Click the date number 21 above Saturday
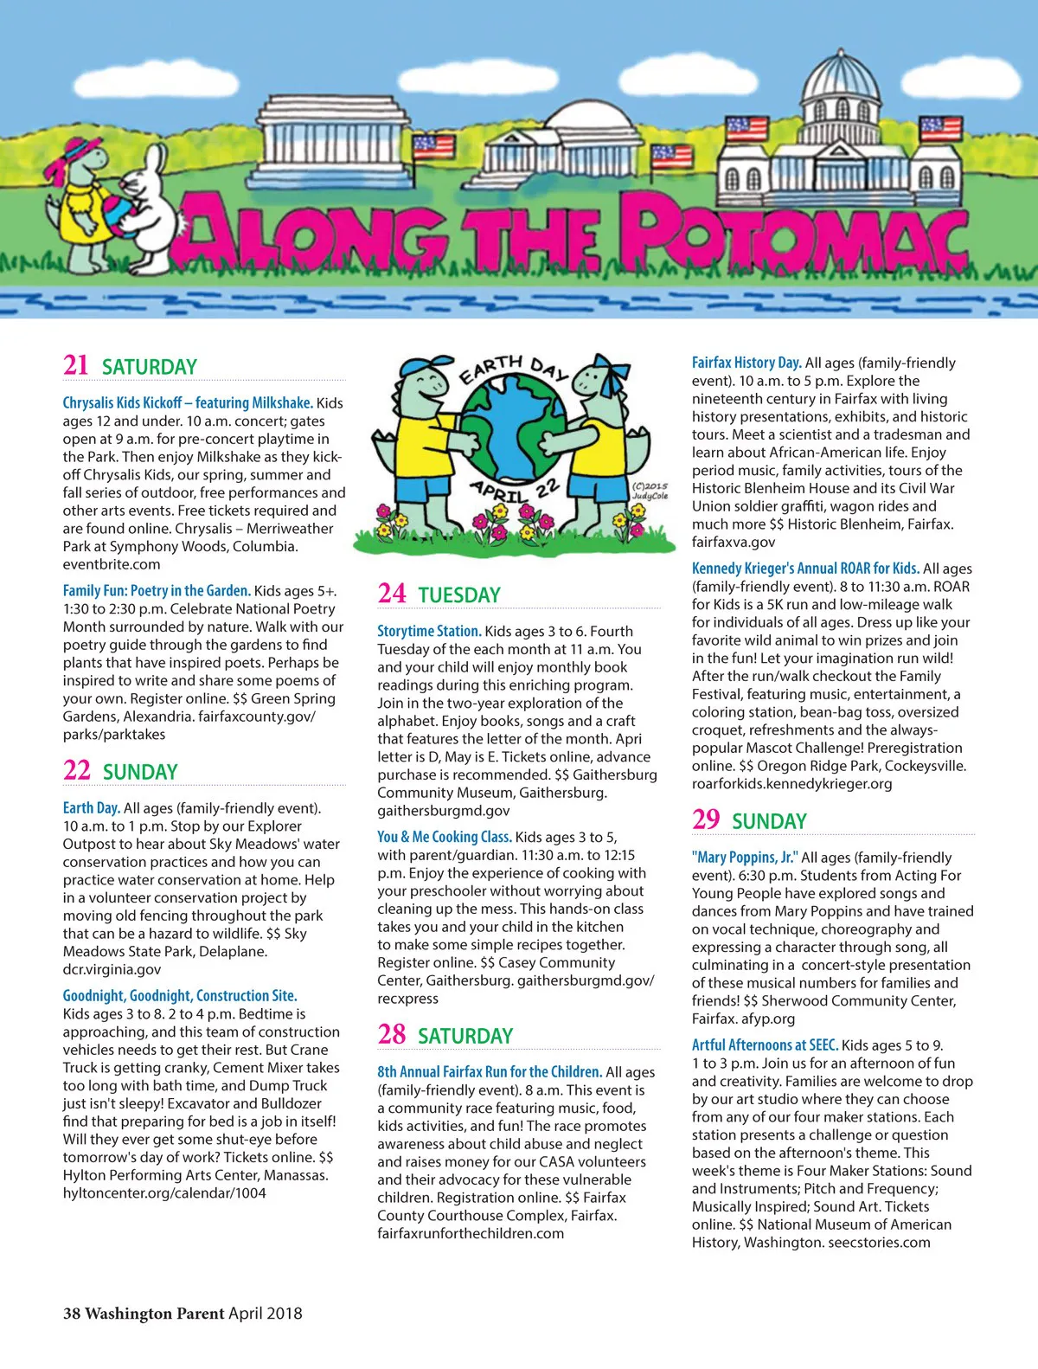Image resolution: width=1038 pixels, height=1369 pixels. click(75, 364)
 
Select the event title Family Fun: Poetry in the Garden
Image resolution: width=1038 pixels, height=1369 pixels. click(157, 591)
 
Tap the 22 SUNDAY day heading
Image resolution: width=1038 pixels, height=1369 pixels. click(120, 770)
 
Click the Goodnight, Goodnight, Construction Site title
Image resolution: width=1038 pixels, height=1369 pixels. click(180, 996)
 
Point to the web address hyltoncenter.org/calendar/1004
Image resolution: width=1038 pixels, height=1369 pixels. click(164, 1193)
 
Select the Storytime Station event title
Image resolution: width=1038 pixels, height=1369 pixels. click(429, 632)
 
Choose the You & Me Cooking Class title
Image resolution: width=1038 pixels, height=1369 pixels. click(445, 837)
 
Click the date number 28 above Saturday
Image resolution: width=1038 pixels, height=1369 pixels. click(391, 1034)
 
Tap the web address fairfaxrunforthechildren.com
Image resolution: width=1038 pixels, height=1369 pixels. click(471, 1234)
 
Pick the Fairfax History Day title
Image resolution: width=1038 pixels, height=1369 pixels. click(746, 363)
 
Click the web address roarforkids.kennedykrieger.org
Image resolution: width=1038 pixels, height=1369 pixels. click(791, 784)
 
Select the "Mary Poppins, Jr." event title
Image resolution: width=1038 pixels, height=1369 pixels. click(745, 858)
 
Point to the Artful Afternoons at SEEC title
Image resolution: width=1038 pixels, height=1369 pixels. click(765, 1045)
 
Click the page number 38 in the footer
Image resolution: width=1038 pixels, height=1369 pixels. click(72, 1314)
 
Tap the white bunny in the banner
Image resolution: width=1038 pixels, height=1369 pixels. click(145, 208)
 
